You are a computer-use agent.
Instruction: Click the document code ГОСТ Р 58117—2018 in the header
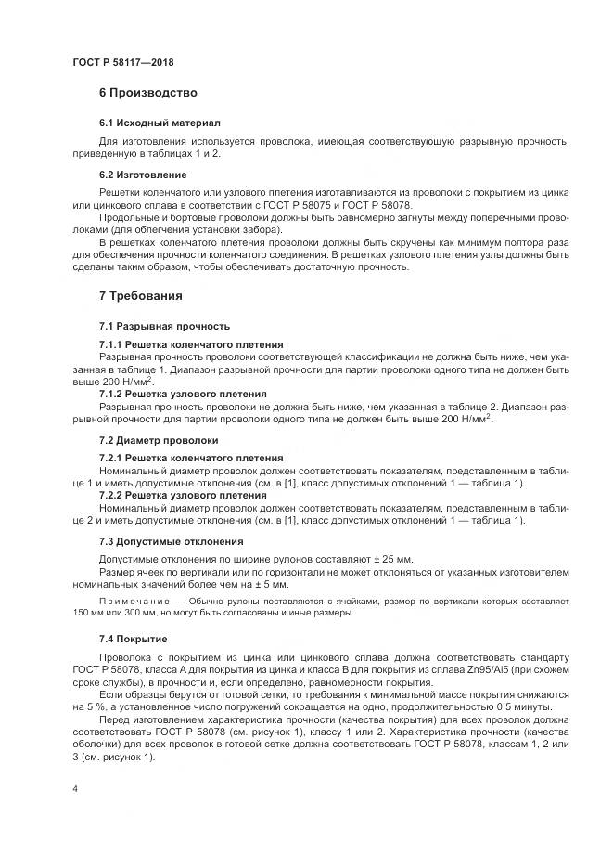pyautogui.click(x=122, y=62)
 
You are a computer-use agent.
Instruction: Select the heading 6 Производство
pyautogui.click(x=147, y=93)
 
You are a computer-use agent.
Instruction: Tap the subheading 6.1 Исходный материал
pyautogui.click(x=160, y=123)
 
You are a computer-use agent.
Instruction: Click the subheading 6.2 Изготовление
pyautogui.click(x=143, y=175)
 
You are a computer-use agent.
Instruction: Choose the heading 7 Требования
pyautogui.click(x=141, y=296)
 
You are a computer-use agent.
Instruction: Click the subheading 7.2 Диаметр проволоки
pyautogui.click(x=159, y=440)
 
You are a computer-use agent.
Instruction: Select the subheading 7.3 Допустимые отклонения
pyautogui.click(x=172, y=541)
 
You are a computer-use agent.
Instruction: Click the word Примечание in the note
pyautogui.click(x=134, y=602)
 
